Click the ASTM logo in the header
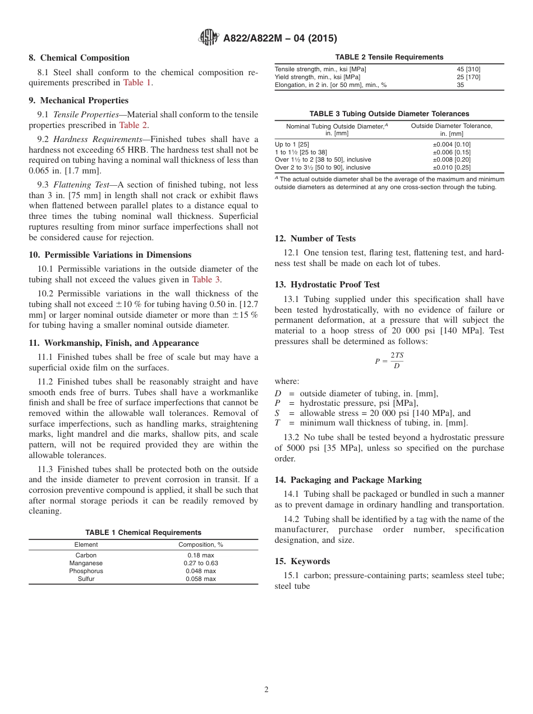click(209, 38)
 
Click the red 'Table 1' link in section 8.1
click(137, 83)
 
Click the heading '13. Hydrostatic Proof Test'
click(327, 285)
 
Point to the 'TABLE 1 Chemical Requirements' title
click(143, 533)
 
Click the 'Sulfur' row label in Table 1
click(86, 579)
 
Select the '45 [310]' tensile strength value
click(468, 69)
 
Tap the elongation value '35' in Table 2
click(461, 85)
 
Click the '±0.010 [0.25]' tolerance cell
click(451, 167)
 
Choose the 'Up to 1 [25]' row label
click(292, 144)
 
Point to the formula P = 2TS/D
click(389, 360)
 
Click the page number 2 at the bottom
click(266, 690)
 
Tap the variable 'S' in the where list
click(277, 413)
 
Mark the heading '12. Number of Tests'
click(315, 239)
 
